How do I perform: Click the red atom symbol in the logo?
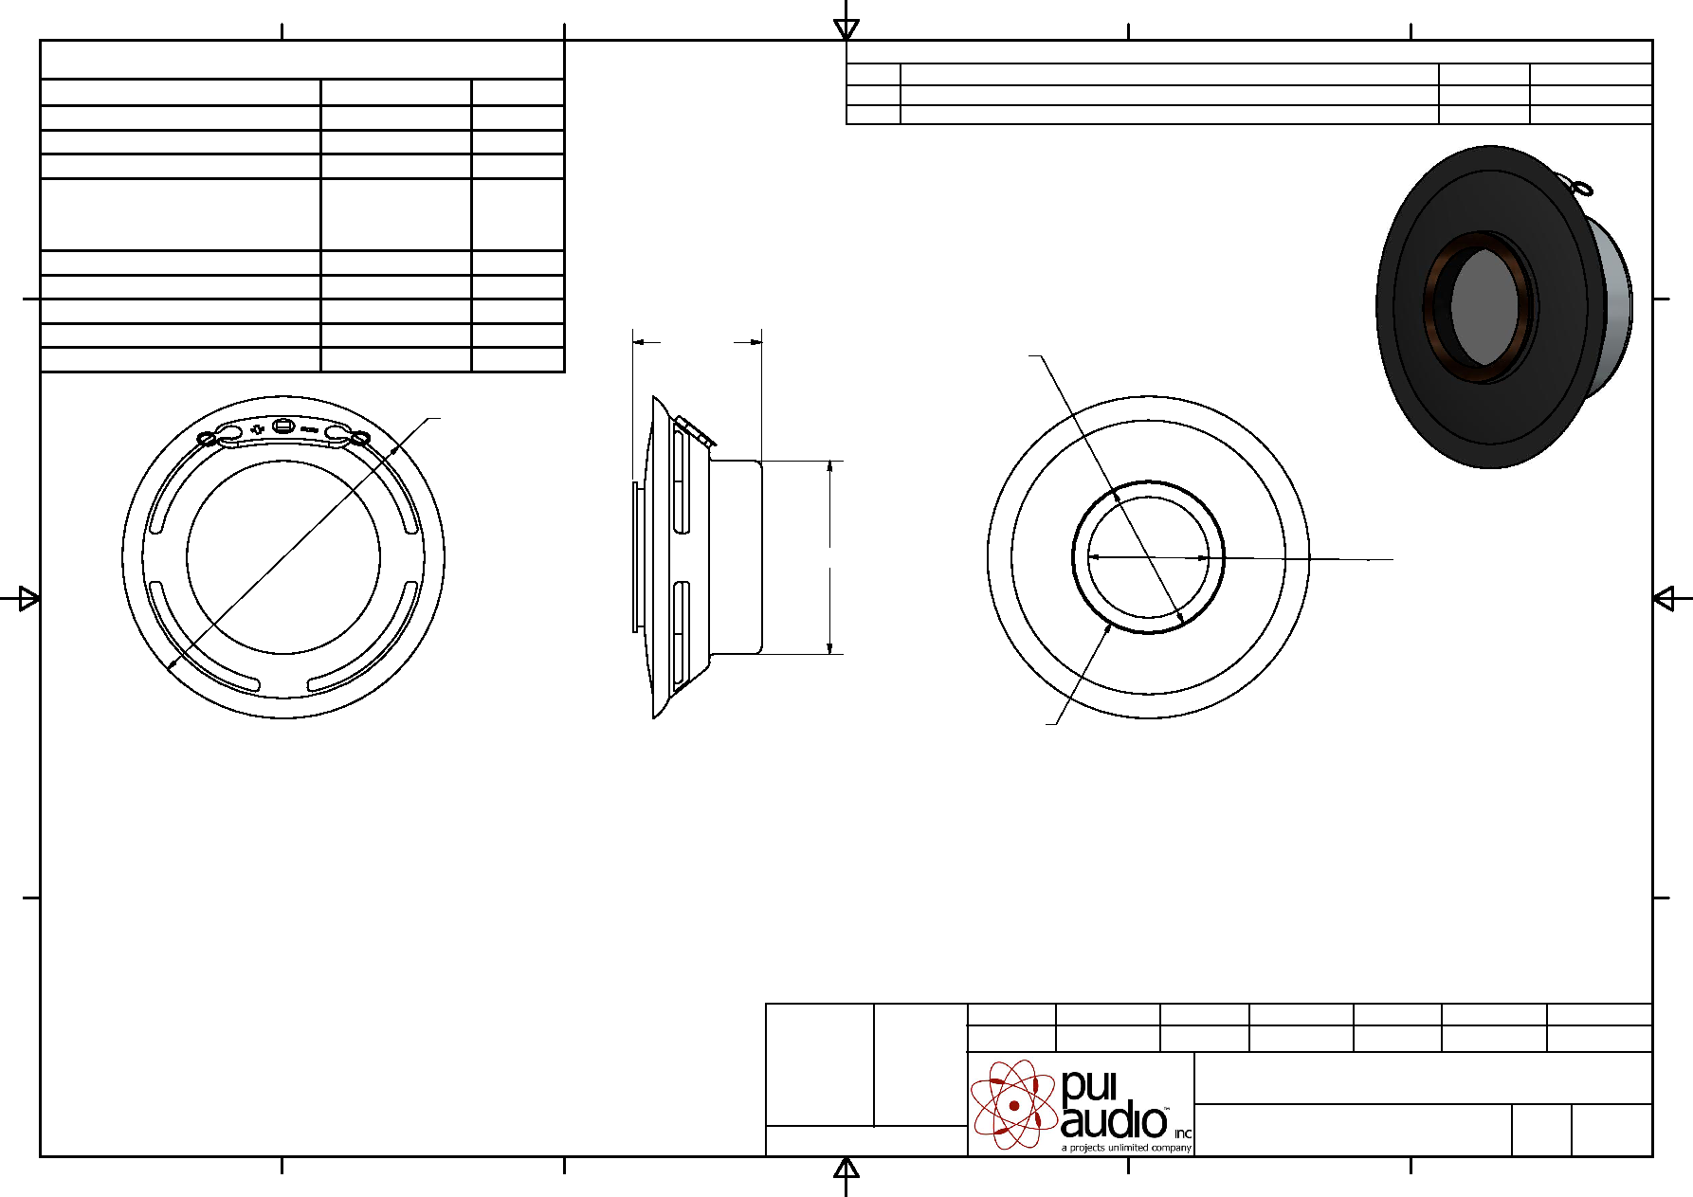click(1013, 1104)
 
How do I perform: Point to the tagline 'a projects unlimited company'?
click(1126, 1148)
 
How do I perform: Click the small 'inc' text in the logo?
click(1183, 1134)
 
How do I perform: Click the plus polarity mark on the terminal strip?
click(257, 429)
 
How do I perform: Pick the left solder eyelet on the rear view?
click(208, 439)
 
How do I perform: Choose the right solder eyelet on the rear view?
click(360, 438)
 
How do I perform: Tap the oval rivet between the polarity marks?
click(283, 426)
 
